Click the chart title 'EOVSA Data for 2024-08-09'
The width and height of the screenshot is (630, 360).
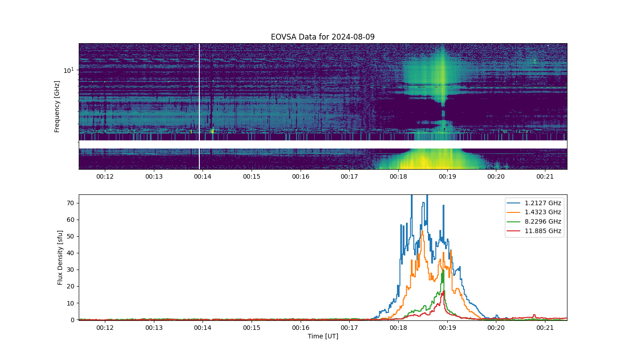click(x=323, y=37)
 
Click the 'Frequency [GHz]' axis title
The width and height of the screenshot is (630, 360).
click(x=57, y=107)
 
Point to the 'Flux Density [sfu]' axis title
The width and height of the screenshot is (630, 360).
click(x=60, y=257)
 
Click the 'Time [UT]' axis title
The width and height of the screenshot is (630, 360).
click(x=323, y=336)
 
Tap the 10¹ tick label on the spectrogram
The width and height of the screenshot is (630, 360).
click(x=68, y=70)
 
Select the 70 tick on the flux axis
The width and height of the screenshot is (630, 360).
click(x=71, y=203)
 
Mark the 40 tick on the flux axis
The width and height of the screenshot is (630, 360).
click(x=71, y=253)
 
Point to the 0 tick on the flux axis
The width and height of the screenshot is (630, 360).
click(x=72, y=320)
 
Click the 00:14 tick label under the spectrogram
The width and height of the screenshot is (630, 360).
click(x=202, y=176)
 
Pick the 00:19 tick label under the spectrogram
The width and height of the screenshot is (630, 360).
click(x=447, y=176)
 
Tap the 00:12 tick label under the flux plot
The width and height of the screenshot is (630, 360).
click(x=105, y=328)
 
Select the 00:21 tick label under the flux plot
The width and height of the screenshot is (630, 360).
click(x=545, y=328)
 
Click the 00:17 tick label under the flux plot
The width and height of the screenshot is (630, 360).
click(x=349, y=328)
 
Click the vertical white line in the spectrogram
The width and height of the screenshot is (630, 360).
click(x=199, y=106)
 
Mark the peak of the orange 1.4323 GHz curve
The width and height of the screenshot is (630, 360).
click(x=422, y=231)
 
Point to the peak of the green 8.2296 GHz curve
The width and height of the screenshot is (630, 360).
click(x=443, y=270)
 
